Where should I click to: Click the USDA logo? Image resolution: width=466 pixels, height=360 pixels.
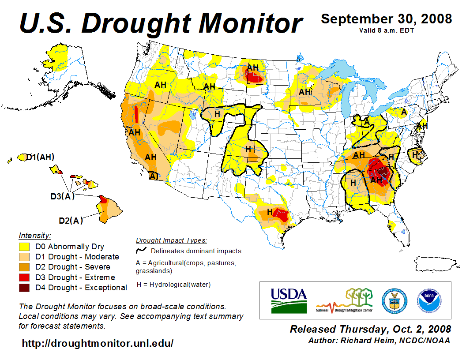coord(288,300)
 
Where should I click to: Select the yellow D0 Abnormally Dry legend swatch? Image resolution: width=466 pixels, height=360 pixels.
coord(24,247)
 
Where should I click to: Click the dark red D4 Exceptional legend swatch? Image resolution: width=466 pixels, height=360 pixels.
coord(24,288)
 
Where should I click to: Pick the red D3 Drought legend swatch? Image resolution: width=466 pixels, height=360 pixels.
coord(24,277)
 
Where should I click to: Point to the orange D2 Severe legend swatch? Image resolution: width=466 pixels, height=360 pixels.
coord(24,267)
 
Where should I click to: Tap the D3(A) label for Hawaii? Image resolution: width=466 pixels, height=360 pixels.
coord(62,196)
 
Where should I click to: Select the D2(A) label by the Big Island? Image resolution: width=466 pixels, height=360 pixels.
coord(71,220)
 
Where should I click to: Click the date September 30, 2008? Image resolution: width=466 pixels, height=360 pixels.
coord(386,19)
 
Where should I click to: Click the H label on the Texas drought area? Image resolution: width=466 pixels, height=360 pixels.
coord(270,212)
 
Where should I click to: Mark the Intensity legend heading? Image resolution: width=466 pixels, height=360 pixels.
coord(35,236)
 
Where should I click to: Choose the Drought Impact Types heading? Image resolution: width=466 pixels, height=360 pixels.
coord(171,240)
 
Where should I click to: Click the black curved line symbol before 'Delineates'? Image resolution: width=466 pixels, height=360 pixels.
coord(141,251)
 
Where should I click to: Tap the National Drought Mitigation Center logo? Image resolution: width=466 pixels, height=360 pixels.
coord(345,300)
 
